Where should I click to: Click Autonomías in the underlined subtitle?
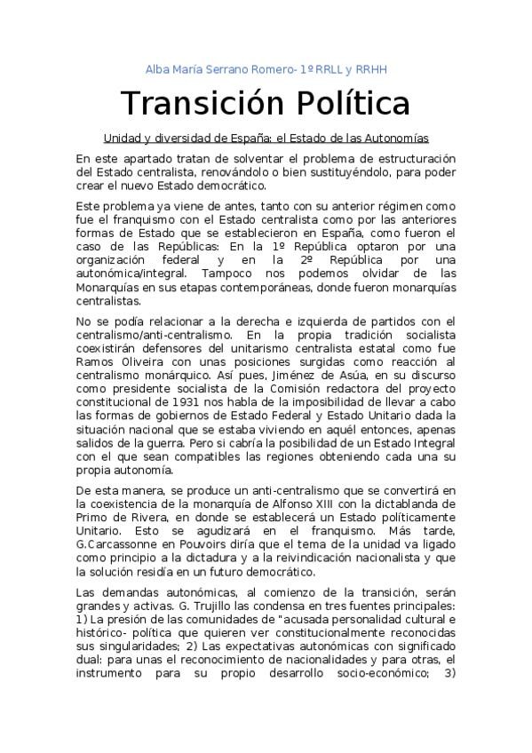tap(398, 139)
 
